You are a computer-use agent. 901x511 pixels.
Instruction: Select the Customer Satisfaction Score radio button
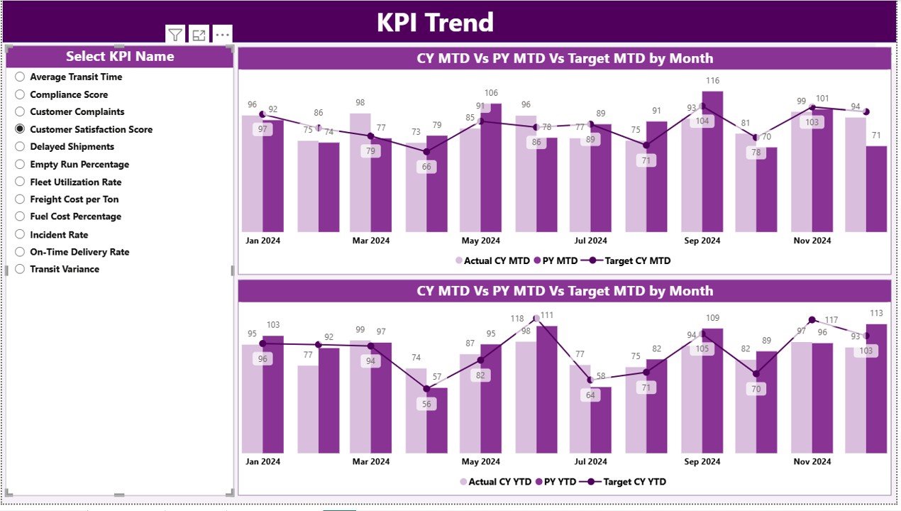[20, 129]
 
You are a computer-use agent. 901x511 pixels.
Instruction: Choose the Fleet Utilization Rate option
[20, 182]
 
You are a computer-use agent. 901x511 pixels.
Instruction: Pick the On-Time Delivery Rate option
[20, 252]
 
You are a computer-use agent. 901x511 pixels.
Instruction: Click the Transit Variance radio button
[20, 269]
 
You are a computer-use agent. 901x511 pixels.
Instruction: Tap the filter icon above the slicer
[175, 35]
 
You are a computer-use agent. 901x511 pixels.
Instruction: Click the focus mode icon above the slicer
[199, 35]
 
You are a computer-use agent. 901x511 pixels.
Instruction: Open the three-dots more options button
[222, 35]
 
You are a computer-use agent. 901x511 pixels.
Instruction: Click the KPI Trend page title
[435, 23]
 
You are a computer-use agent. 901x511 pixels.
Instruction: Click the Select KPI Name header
[120, 57]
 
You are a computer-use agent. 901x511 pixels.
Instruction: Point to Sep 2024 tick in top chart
[702, 241]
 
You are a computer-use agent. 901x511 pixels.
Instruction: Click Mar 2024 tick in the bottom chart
[370, 461]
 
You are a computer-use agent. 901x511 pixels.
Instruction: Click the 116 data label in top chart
[712, 81]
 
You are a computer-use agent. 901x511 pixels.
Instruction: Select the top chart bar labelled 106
[490, 167]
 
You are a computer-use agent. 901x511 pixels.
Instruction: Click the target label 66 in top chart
[426, 167]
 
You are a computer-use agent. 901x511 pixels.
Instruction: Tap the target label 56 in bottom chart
[426, 404]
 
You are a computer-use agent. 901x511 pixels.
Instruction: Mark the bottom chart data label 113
[876, 313]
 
